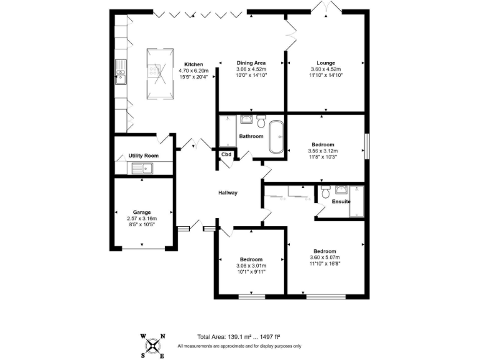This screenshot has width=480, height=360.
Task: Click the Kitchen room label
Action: pos(193,64)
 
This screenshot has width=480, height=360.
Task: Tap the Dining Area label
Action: pos(251,62)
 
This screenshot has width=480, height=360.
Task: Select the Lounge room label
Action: pos(326,62)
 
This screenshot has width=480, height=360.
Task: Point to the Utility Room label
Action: pos(144,155)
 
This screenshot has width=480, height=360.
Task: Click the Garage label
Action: pos(142,212)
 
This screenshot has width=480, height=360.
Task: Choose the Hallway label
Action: pos(227,192)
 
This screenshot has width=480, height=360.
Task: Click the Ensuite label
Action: pos(341,201)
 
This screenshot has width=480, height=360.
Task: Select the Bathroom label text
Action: pos(251,136)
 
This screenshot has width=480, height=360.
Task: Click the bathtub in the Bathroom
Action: pos(276,137)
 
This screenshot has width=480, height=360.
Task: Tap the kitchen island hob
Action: pos(153,71)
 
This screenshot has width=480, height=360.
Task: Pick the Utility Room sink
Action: pos(142,167)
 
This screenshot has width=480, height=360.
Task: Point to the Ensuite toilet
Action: pos(324,194)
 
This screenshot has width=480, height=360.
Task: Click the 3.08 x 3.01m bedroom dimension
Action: pos(251,266)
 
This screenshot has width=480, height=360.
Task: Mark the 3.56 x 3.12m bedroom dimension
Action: pos(322,151)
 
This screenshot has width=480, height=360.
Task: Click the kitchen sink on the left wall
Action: pos(120,76)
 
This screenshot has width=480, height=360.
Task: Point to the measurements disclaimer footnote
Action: pos(239,346)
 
